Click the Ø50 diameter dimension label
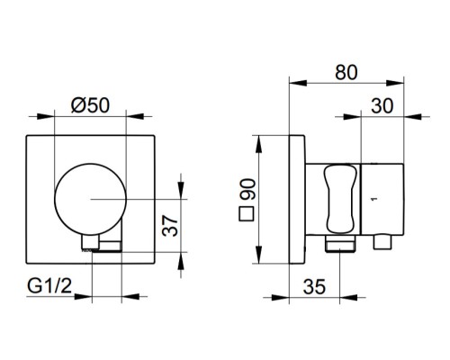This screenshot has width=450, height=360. [91, 105]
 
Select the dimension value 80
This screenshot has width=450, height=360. [346, 73]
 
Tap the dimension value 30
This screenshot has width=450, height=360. [382, 106]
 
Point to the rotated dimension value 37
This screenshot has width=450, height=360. [170, 226]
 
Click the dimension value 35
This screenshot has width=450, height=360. [314, 286]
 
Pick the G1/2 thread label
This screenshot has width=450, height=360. [49, 285]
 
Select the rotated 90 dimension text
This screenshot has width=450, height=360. [247, 189]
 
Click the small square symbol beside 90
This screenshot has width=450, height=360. [247, 214]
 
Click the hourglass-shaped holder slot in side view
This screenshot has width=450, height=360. [340, 199]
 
